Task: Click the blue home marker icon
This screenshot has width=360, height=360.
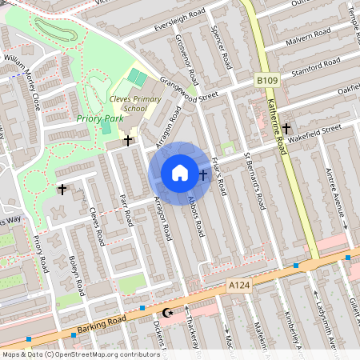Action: [180, 172]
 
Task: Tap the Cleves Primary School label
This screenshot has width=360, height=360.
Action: [129, 104]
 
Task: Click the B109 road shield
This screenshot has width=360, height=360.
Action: [266, 81]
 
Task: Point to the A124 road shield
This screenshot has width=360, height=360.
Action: [238, 284]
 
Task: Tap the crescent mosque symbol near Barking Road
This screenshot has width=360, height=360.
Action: [167, 313]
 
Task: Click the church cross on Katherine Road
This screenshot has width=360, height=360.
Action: [286, 128]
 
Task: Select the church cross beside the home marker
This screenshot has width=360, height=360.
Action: [202, 174]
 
